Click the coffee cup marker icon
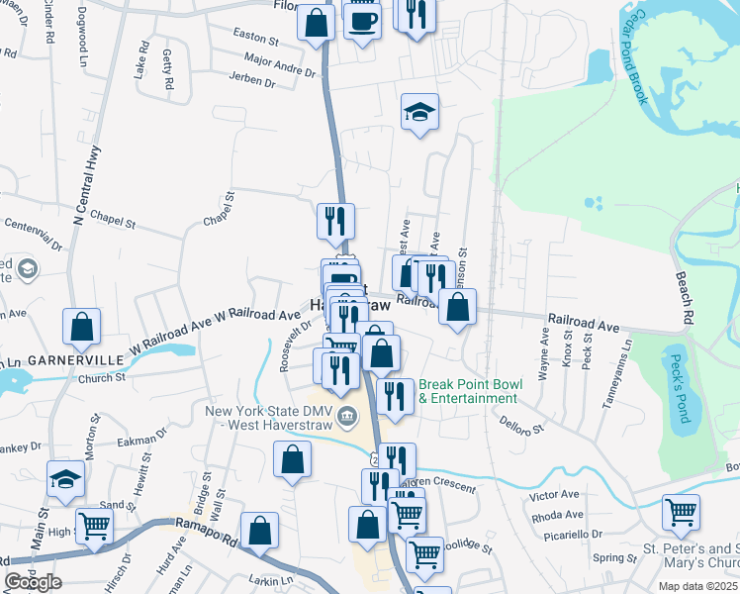tap(362, 19)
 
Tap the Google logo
tap(33, 582)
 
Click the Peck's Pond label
tap(679, 389)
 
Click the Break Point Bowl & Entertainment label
tap(468, 391)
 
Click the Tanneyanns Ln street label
tap(626, 365)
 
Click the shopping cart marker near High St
tap(94, 525)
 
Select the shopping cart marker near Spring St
tap(681, 512)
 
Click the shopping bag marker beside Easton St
tap(315, 23)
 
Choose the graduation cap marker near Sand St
tap(65, 480)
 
